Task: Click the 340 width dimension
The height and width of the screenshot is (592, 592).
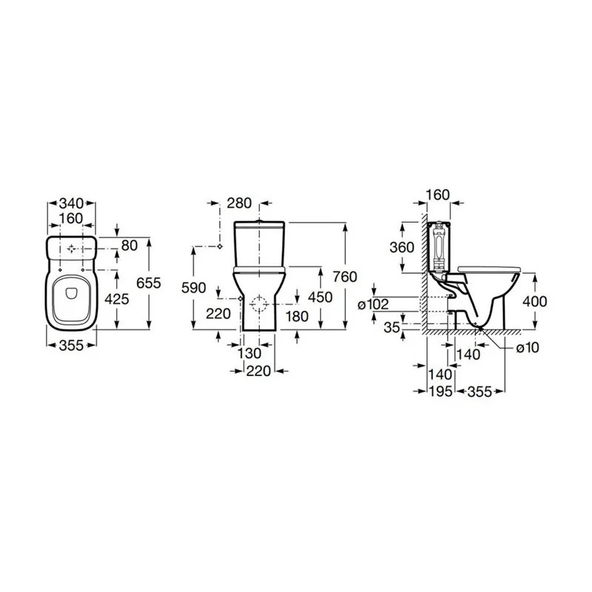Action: pos(71,203)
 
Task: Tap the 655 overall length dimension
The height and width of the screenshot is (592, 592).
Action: pos(149,283)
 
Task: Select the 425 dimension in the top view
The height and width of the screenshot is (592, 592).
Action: pos(117,299)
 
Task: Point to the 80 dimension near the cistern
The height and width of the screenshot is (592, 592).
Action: pos(129,246)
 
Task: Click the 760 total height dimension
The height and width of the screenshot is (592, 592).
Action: pos(345,277)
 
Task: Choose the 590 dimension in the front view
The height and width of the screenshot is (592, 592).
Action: pos(194,288)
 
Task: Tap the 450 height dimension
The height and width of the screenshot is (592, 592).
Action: pos(320,297)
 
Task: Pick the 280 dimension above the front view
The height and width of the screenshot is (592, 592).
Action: pos(239,203)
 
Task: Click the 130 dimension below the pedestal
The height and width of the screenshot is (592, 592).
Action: pos(249,354)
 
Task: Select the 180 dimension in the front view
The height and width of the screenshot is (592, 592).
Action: pos(297,317)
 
